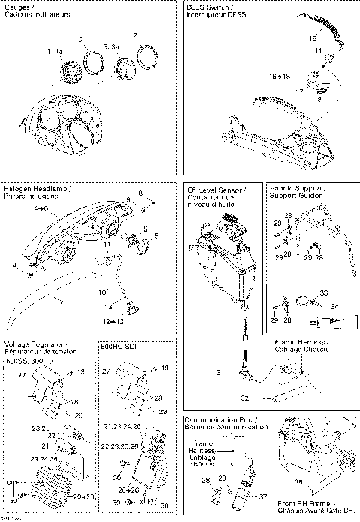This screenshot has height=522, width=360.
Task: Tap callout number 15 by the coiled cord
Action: [x=312, y=37]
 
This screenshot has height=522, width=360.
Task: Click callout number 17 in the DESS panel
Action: [x=300, y=91]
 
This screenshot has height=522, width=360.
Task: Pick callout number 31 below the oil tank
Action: [x=220, y=373]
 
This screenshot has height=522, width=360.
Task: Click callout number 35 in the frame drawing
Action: [x=298, y=483]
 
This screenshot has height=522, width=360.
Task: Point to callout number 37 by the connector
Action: [x=262, y=496]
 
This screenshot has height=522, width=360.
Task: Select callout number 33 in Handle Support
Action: [x=303, y=292]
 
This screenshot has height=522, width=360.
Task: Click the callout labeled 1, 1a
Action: [x=54, y=51]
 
